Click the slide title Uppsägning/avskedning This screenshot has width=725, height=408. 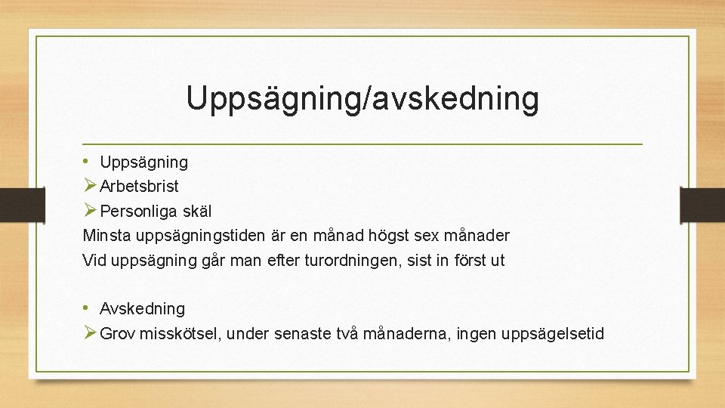pos(362,99)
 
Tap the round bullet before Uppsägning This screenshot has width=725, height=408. pos(88,161)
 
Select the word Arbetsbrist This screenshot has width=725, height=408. pos(139,187)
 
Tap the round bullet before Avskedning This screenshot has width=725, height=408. pos(88,308)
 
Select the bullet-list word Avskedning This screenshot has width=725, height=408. pos(142,309)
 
